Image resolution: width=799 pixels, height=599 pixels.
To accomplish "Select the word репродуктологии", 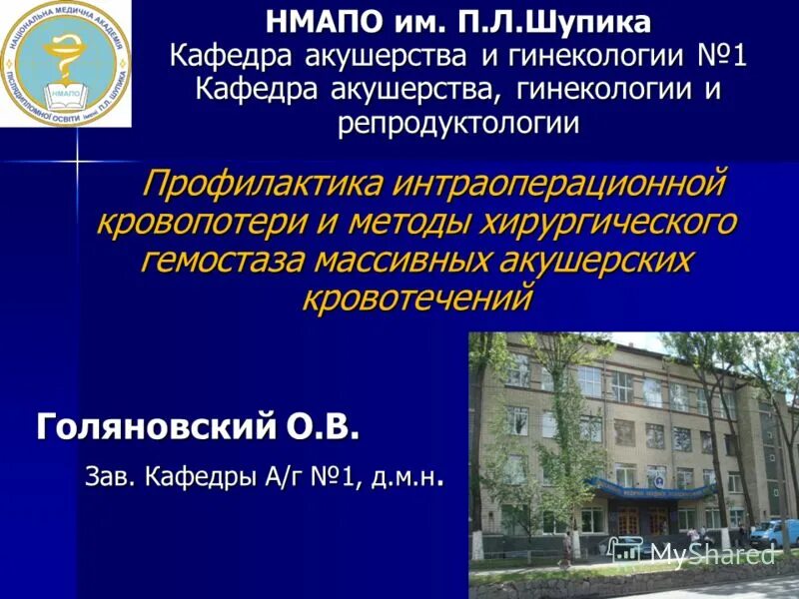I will pos(458,124).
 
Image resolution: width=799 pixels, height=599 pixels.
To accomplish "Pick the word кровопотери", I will pos(199,222).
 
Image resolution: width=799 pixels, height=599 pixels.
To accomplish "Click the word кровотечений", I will pos(418,297).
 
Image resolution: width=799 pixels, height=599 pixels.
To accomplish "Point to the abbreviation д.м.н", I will pos(404,478).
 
